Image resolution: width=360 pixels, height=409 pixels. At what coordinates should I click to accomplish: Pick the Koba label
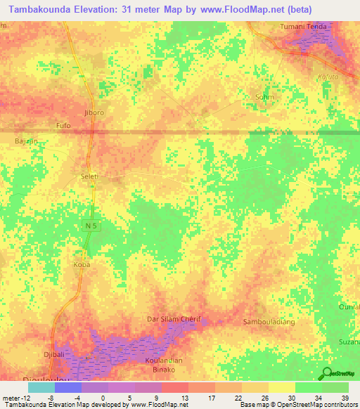pos(82,266)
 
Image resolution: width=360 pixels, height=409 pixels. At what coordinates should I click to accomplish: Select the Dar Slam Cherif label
pos(174,319)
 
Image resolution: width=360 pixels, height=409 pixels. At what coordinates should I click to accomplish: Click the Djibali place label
pos(55,355)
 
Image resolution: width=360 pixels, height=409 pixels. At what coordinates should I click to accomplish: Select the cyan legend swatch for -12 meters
pos(41,387)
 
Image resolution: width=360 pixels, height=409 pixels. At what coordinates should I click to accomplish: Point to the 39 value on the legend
pos(344,397)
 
